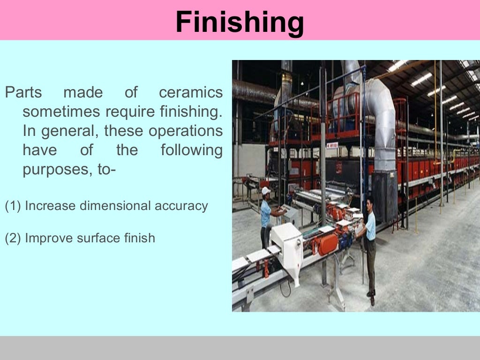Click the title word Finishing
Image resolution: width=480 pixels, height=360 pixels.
point(240,22)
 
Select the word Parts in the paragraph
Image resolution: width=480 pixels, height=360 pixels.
point(23,93)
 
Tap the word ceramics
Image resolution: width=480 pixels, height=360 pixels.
point(191,93)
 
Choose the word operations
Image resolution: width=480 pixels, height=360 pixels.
point(186,131)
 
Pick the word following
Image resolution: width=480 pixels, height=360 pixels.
point(191,150)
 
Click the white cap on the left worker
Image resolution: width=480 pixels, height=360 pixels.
point(266,190)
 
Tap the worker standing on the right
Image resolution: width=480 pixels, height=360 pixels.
point(369,244)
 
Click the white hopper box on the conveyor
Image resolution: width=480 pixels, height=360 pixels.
point(287,244)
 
